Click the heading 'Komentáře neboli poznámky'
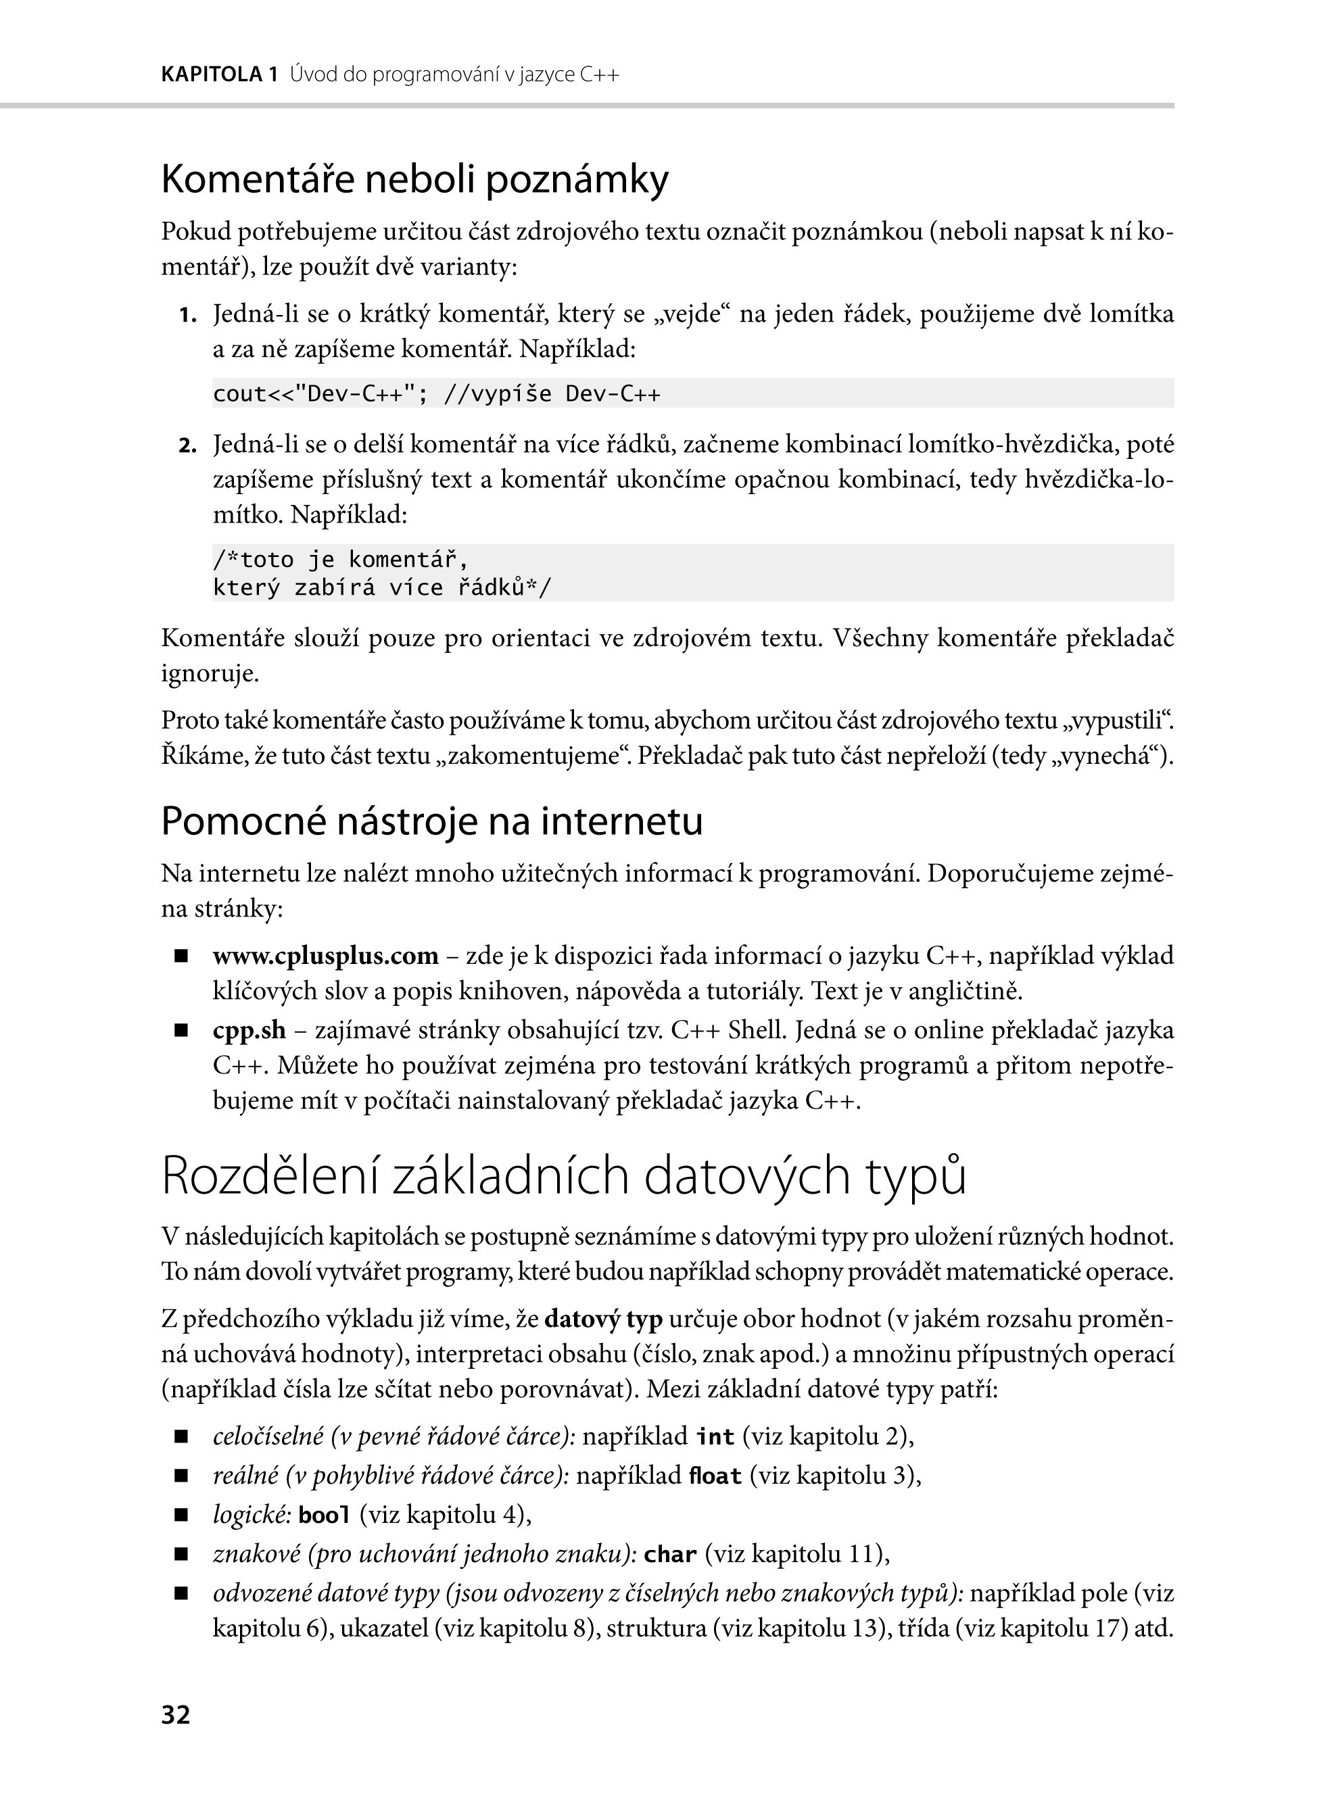click(415, 179)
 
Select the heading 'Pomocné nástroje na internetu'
click(432, 821)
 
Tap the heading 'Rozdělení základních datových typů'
click(564, 1176)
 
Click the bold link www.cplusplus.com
click(325, 956)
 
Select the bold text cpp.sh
click(249, 1031)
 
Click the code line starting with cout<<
click(436, 394)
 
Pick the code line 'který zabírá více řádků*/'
click(383, 587)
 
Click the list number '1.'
click(188, 315)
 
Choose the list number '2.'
click(188, 445)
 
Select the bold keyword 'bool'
click(325, 1515)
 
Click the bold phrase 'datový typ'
click(603, 1319)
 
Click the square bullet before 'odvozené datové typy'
click(181, 1593)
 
